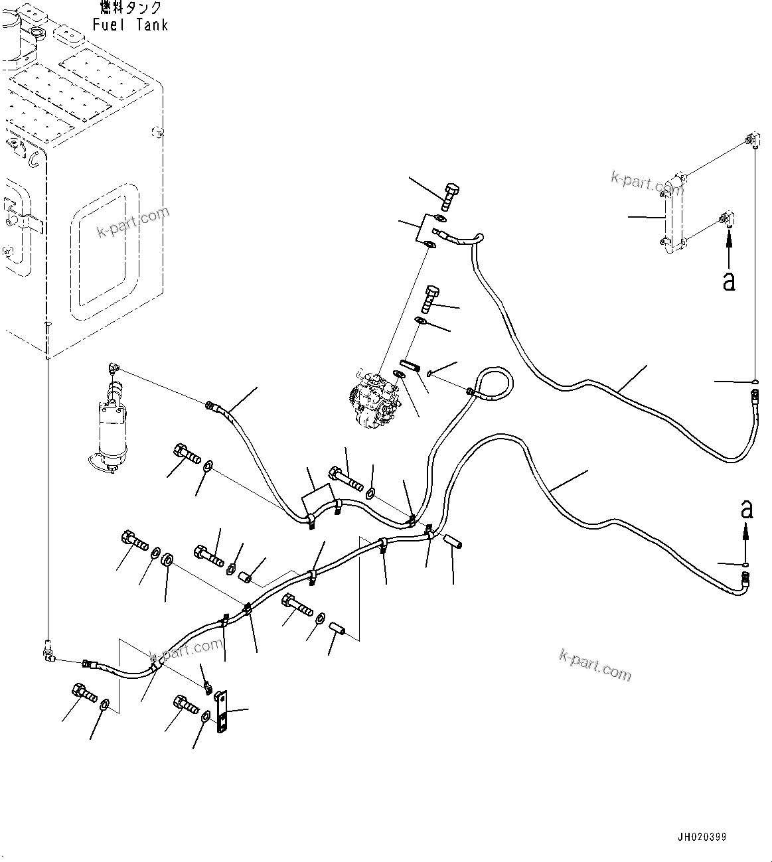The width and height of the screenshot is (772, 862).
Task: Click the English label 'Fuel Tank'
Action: (130, 25)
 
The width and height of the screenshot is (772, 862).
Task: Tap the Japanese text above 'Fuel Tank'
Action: (130, 8)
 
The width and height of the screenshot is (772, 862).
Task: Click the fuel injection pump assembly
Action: (372, 402)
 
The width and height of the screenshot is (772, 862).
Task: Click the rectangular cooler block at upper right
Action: (672, 214)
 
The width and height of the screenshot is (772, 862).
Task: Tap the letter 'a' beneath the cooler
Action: (729, 281)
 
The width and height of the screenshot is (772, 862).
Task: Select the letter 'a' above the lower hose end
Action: (747, 510)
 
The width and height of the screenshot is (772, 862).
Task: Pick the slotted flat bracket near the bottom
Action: (222, 713)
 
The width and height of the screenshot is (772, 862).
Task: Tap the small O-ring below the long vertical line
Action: (756, 382)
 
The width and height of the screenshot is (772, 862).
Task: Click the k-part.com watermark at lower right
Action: (595, 664)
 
